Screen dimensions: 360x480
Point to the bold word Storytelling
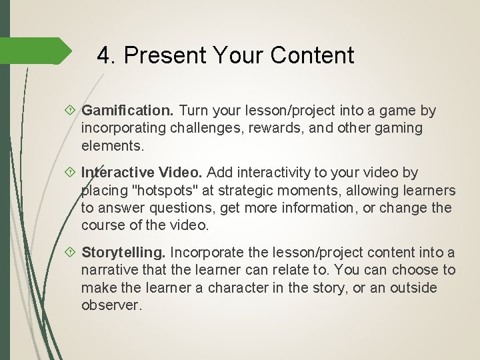(x=125, y=253)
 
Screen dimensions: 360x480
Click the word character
(x=242, y=287)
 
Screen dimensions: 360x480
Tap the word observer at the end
(x=111, y=305)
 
